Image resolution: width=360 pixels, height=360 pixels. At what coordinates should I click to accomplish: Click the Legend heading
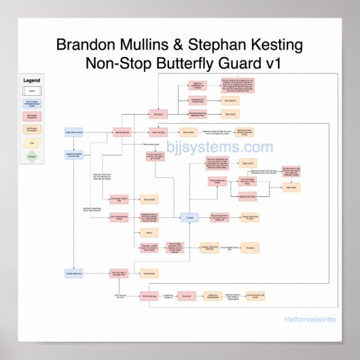[x=32, y=80]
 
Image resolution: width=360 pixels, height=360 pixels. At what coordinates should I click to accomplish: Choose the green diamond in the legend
[x=32, y=157]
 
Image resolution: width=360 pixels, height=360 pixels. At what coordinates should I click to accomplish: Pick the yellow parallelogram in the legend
[x=32, y=143]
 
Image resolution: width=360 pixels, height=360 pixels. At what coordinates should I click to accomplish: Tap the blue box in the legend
[x=32, y=103]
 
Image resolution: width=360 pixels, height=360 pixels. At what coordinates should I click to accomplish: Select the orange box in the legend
[x=32, y=129]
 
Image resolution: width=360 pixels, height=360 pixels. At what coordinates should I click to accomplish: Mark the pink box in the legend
[x=32, y=115]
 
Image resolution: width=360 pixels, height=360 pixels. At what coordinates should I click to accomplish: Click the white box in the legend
[x=32, y=90]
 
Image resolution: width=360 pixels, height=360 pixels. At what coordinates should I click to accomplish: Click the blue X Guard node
[x=191, y=217]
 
